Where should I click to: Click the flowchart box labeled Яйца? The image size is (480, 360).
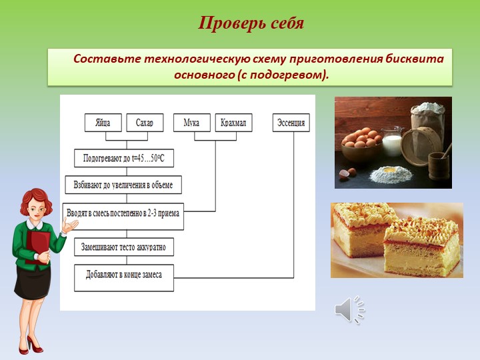[103, 123]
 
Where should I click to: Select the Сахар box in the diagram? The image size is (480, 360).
[145, 123]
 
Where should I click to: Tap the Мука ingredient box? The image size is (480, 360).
[192, 123]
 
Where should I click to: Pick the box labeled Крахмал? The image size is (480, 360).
[233, 123]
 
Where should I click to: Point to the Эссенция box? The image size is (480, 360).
[291, 123]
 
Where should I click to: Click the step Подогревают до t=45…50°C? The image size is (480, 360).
[124, 158]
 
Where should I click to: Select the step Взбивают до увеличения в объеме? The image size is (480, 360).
[123, 185]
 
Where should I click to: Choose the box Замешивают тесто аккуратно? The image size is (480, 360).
[124, 247]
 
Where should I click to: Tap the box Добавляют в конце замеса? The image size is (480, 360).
[124, 278]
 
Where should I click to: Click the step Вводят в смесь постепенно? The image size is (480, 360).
[123, 217]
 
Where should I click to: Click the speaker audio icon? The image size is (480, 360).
[349, 309]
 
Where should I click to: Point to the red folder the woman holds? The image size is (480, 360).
[37, 247]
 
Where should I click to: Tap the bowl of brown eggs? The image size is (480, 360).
[361, 146]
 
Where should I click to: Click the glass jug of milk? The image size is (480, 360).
[392, 141]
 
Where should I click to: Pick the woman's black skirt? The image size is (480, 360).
[32, 281]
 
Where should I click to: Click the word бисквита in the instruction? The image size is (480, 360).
[414, 59]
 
